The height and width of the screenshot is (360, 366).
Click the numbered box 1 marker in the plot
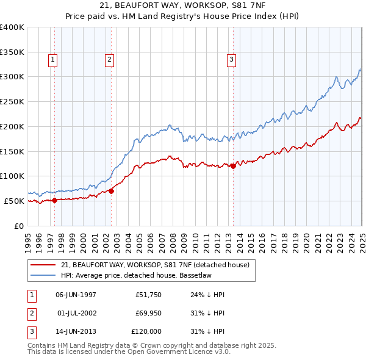(54, 59)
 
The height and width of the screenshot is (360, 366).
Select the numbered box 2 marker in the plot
(109, 59)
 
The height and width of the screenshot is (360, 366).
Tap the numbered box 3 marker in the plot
(232, 59)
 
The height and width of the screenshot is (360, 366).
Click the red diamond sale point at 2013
(233, 166)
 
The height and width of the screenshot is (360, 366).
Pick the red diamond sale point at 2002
(112, 191)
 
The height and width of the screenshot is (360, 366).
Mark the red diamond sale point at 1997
(54, 200)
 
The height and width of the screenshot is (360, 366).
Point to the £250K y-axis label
(12, 101)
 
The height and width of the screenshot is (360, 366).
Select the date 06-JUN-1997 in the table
(76, 295)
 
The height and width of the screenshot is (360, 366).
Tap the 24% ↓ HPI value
(203, 295)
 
